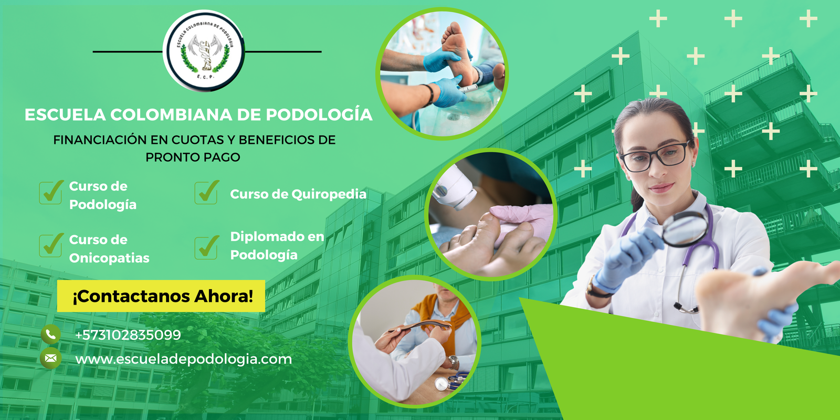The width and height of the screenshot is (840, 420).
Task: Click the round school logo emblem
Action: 204,51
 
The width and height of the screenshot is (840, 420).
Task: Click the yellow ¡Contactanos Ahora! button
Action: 161,296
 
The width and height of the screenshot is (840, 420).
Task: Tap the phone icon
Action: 50,334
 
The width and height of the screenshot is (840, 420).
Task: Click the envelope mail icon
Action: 50,359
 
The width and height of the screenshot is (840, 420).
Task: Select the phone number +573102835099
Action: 128,334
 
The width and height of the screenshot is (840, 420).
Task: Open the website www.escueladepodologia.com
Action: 183,359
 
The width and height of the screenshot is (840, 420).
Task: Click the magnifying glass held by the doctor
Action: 685,229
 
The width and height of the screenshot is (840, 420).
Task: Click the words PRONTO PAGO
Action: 193,157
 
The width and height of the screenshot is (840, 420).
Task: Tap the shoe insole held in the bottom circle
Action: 419,326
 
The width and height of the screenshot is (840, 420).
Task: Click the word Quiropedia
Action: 329,194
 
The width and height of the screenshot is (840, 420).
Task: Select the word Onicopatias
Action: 109,258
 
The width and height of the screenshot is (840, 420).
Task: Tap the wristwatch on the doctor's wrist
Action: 596,288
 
